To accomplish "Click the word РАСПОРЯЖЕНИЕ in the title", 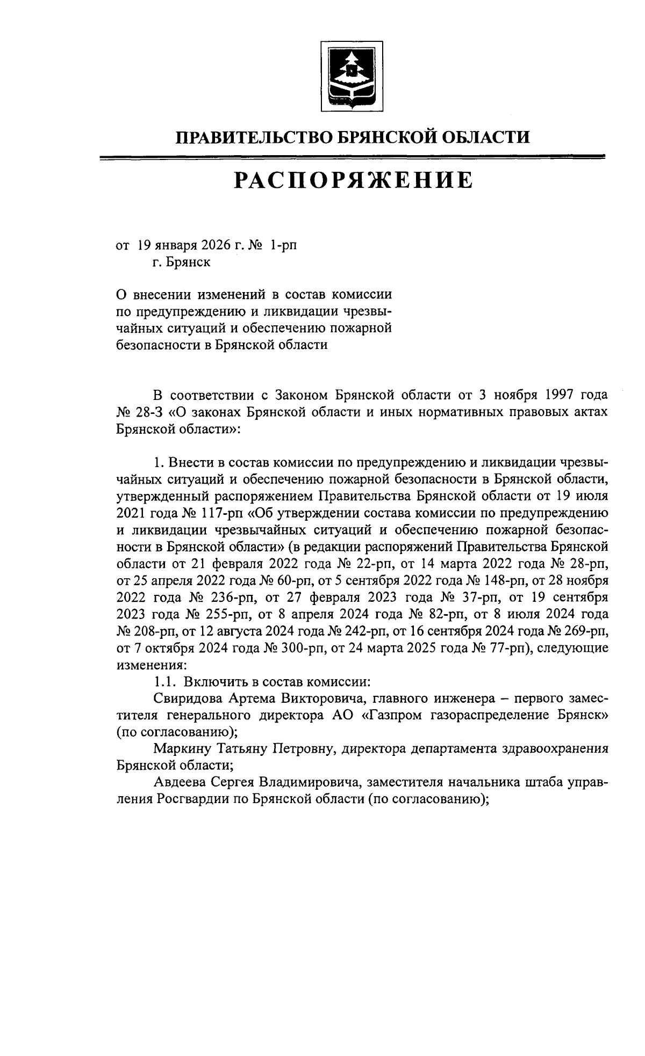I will click(x=353, y=180).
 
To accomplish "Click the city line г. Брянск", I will click(x=181, y=263).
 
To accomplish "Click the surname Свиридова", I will click(x=188, y=698).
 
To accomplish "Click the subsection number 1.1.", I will click(x=165, y=681).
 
